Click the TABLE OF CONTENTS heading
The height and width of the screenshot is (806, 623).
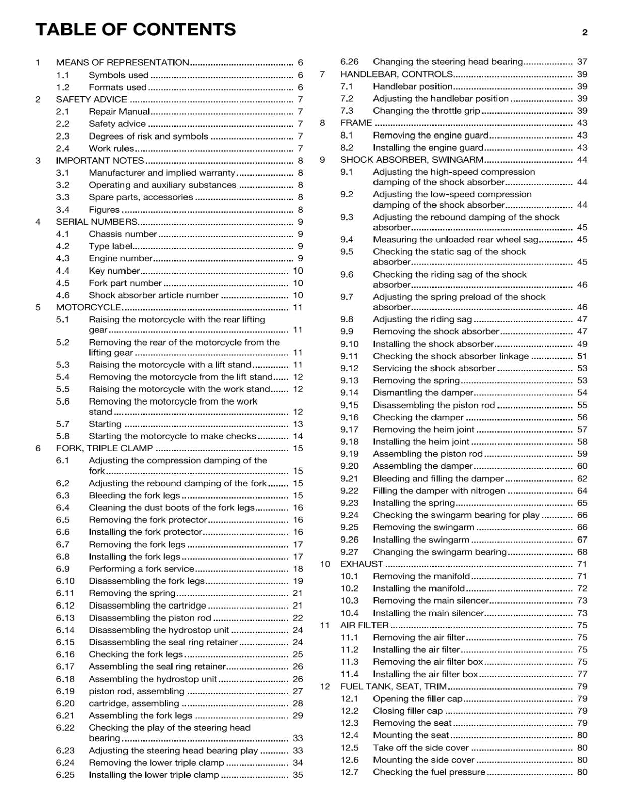136,30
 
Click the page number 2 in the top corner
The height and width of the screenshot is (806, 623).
585,33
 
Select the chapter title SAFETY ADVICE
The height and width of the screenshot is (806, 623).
91,99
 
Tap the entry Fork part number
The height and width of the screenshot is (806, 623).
125,283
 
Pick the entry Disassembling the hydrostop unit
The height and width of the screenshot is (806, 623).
159,630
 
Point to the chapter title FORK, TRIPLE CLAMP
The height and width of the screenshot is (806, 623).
104,448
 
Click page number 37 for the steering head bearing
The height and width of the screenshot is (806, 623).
582,62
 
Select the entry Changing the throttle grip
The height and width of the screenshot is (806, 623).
426,111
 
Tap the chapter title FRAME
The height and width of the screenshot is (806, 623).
356,123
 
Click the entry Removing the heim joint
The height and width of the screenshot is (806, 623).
423,429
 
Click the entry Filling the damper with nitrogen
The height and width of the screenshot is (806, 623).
439,491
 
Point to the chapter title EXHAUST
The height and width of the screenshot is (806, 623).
361,564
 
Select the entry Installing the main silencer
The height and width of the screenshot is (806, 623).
428,613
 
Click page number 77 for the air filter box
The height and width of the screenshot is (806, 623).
582,674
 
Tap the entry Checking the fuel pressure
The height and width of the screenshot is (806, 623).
429,772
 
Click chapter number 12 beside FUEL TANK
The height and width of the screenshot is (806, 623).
325,686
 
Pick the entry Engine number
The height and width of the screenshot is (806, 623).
120,258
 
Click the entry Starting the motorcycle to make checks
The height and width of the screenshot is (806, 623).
172,436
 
